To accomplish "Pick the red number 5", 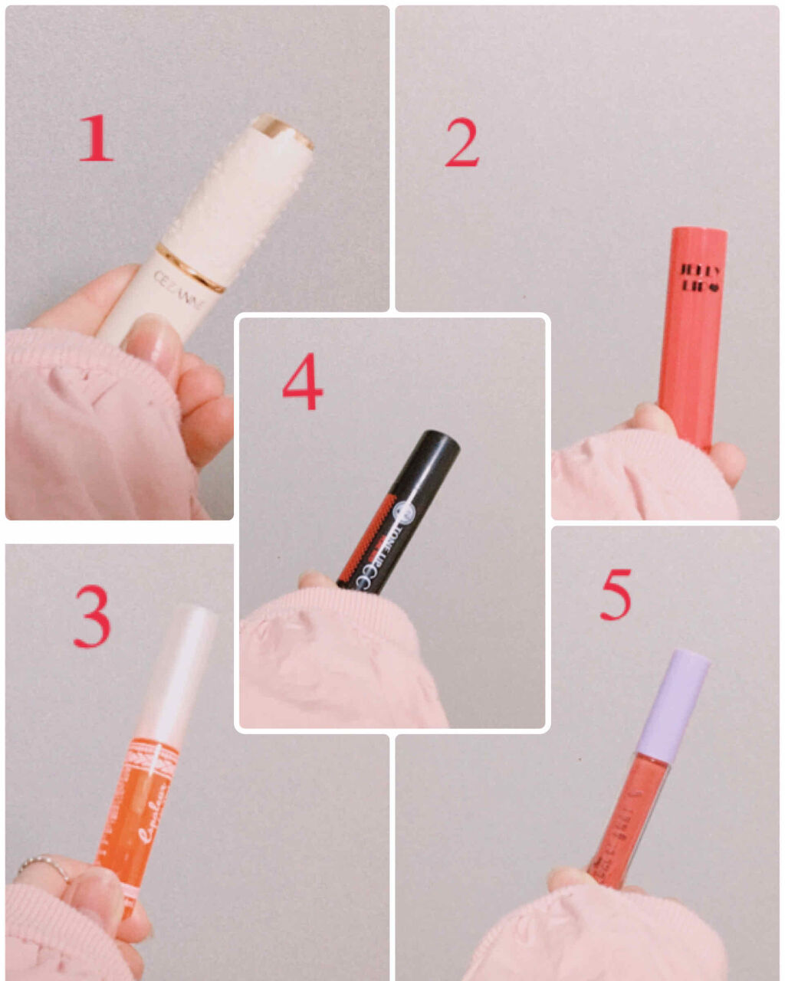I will [x=615, y=594].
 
